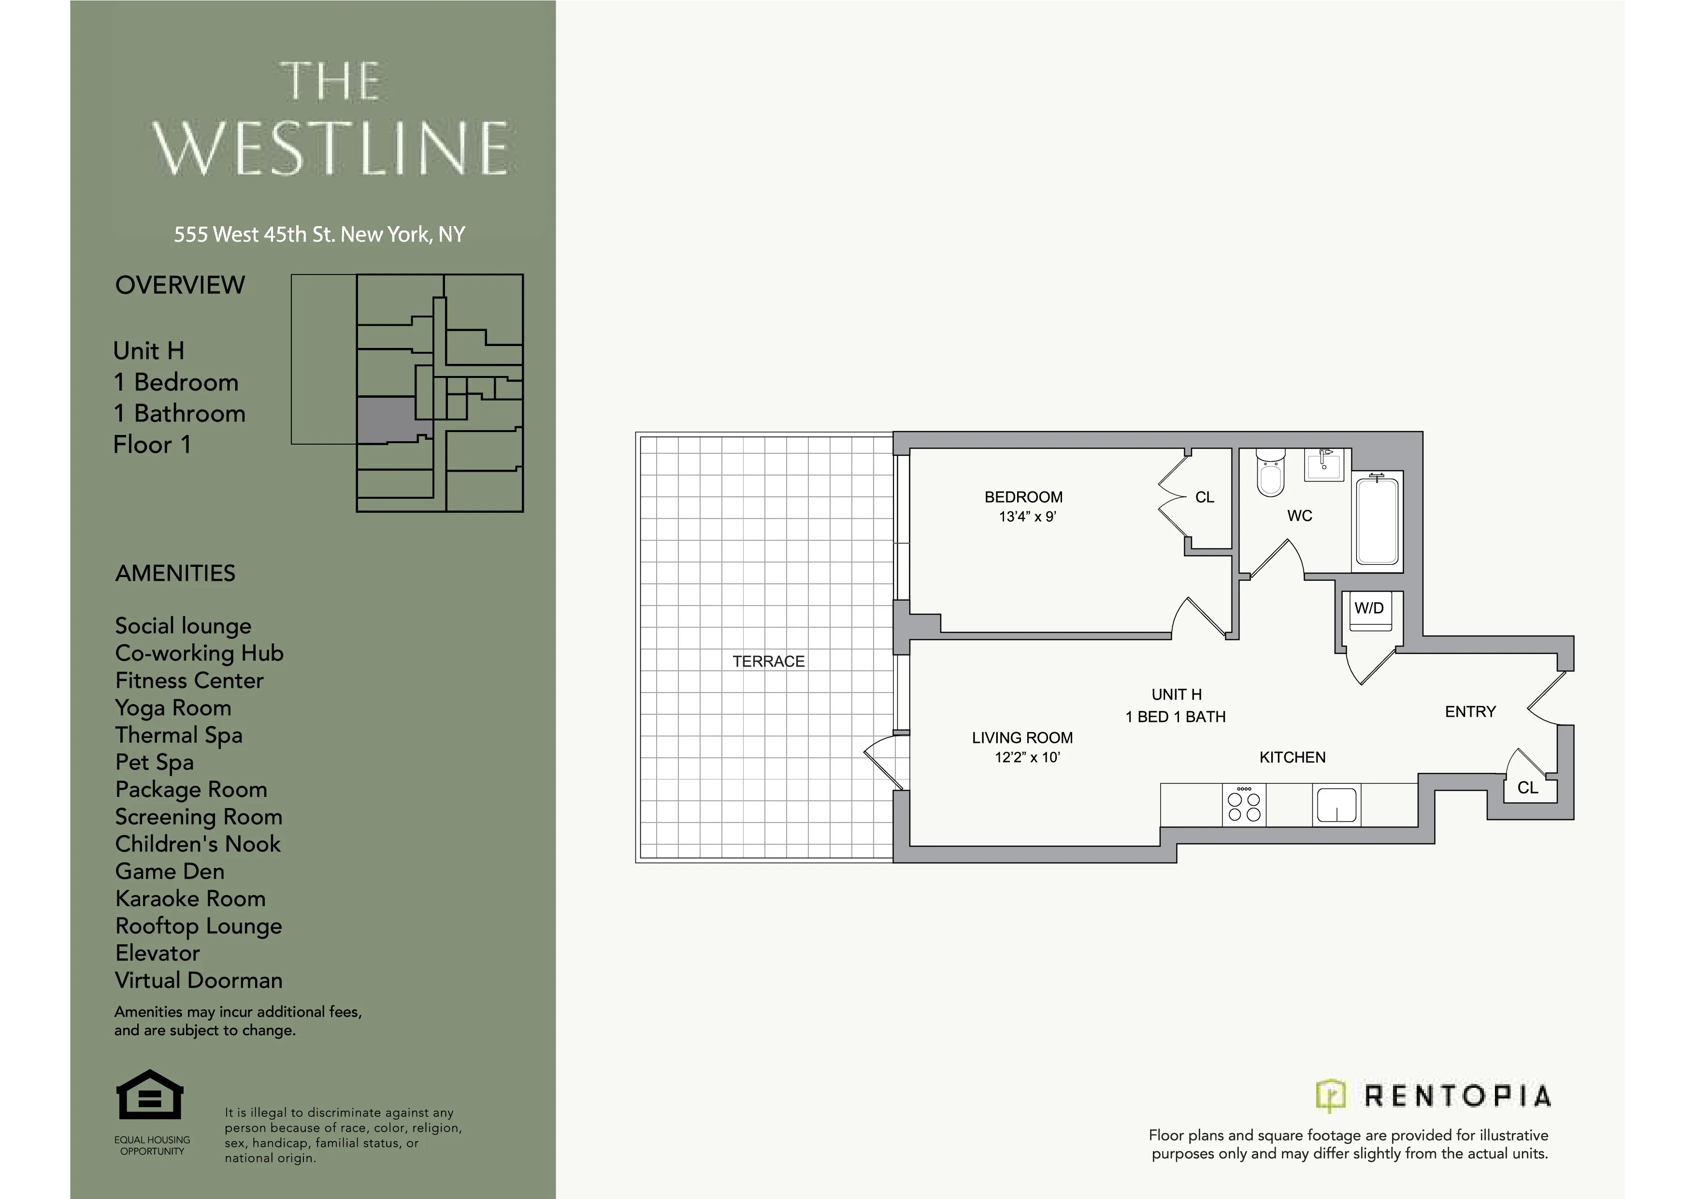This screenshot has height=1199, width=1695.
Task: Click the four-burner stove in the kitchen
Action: click(x=1244, y=805)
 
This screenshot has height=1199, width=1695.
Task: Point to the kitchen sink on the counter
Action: click(x=1336, y=805)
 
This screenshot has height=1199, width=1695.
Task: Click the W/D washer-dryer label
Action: click(x=1369, y=608)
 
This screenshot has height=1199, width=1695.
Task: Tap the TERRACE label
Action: click(x=769, y=662)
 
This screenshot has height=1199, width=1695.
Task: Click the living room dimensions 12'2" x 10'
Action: click(x=1027, y=757)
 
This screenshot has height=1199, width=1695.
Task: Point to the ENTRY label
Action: click(x=1470, y=712)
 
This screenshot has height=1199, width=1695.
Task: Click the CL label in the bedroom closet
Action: click(x=1205, y=498)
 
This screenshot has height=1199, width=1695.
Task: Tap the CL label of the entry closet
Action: click(x=1527, y=788)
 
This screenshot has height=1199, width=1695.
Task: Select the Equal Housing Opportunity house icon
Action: click(x=150, y=1095)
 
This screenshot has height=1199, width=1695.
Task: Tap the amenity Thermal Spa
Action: click(x=179, y=736)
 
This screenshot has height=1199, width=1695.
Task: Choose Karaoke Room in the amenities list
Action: click(x=190, y=898)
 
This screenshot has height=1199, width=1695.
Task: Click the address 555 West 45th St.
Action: click(x=319, y=235)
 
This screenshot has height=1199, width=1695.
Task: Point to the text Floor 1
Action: click(x=152, y=445)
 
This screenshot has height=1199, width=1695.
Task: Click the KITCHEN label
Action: click(x=1292, y=757)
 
